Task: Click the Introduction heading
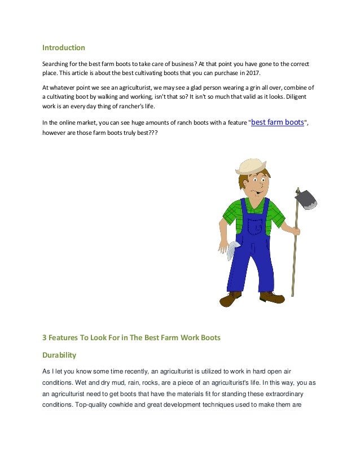coord(64,47)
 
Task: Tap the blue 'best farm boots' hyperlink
coord(278,121)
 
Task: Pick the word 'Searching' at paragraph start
coord(56,63)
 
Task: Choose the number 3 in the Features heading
coord(45,338)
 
